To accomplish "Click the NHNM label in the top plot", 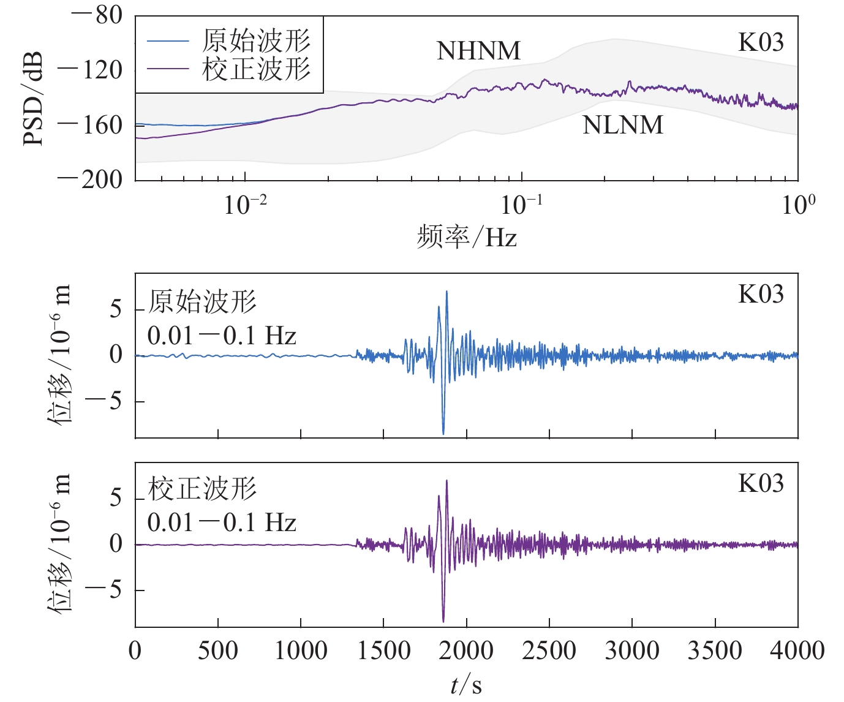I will pyautogui.click(x=478, y=51).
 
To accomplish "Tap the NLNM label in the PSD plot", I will pyautogui.click(x=622, y=125).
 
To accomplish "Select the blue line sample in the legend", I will pyautogui.click(x=167, y=42).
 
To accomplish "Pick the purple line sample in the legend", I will pyautogui.click(x=167, y=69).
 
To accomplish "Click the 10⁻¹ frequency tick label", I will pyautogui.click(x=521, y=205).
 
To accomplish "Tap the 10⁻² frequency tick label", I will pyautogui.click(x=245, y=205).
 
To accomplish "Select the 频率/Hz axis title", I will pyautogui.click(x=467, y=236).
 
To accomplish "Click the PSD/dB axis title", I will pyautogui.click(x=33, y=98).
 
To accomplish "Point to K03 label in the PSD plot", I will pyautogui.click(x=761, y=42).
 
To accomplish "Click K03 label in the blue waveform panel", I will pyautogui.click(x=761, y=295).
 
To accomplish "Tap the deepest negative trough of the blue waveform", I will pyautogui.click(x=443, y=433).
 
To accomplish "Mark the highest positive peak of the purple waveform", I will pyautogui.click(x=447, y=481).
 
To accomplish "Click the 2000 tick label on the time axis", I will pyautogui.click(x=466, y=651).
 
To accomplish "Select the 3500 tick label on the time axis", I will pyautogui.click(x=715, y=651).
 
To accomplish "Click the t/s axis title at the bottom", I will pyautogui.click(x=466, y=685).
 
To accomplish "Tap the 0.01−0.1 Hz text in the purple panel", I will pyautogui.click(x=222, y=523).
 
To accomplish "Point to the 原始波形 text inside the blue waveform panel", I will pyautogui.click(x=202, y=301).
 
